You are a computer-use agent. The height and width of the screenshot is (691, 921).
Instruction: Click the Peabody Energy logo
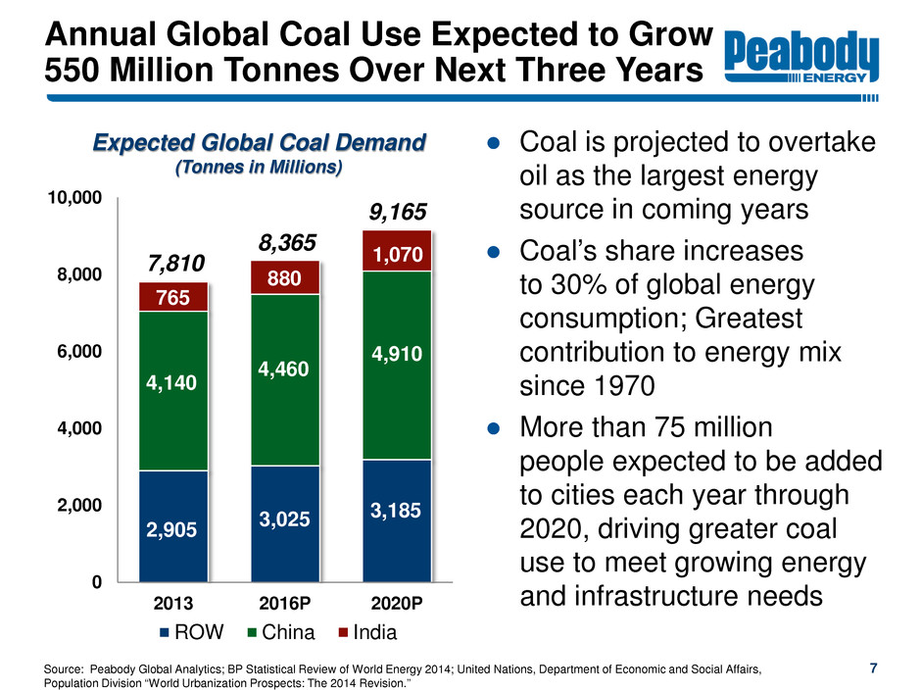pos(801,60)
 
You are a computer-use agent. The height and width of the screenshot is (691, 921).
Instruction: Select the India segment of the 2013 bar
pos(173,297)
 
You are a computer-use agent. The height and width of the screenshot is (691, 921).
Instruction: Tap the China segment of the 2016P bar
pos(285,379)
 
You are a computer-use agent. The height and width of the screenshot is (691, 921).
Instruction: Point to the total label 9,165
pos(397,212)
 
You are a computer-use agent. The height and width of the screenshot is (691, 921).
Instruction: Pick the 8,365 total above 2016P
pos(285,242)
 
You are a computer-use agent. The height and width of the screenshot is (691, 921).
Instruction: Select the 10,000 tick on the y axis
pos(75,199)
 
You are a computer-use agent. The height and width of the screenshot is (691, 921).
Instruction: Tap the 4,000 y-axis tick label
pos(80,428)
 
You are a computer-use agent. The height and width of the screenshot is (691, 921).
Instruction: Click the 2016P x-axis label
pos(285,601)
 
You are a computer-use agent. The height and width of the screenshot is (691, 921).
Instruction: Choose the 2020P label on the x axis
pos(397,601)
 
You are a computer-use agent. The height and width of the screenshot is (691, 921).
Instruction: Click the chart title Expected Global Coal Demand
pos(259,143)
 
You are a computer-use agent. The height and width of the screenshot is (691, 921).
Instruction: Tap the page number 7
pos(873,668)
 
